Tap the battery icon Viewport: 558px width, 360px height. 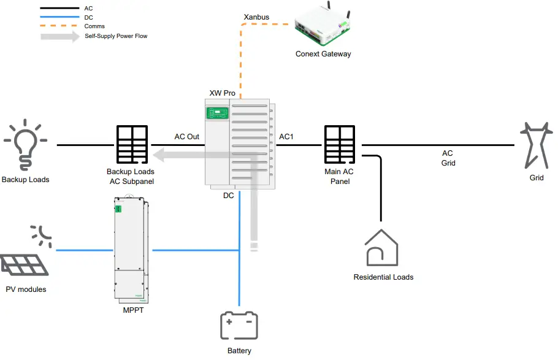pos(239,326)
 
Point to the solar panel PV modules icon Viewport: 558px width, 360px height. pos(25,266)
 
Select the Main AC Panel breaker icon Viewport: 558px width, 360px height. pos(340,145)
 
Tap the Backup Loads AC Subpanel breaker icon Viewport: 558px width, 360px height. pos(131,145)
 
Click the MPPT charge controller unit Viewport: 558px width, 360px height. pos(131,248)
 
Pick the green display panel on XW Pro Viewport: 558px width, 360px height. pos(218,113)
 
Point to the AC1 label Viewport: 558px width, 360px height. pos(286,136)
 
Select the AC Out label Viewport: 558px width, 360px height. pos(187,136)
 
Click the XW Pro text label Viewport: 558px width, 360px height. pos(222,93)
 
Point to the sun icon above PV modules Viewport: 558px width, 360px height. pos(42,234)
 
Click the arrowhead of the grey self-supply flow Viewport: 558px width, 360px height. pos(158,154)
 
